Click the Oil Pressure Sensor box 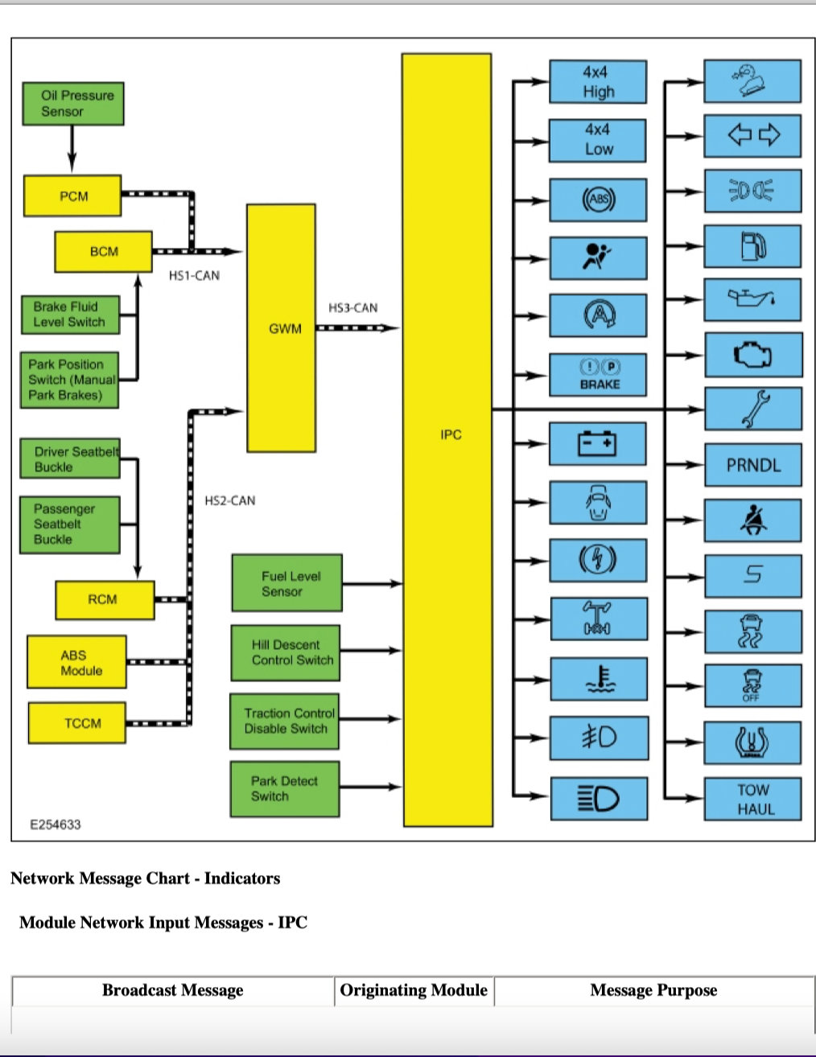[73, 104]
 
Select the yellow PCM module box [72, 195]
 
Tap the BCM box [103, 252]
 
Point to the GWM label [285, 329]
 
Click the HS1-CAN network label [194, 276]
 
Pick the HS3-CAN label [352, 308]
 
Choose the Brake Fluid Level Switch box [71, 315]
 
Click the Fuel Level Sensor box [287, 582]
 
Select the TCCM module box [77, 723]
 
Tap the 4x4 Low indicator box [598, 141]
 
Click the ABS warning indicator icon [599, 199]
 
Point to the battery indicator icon [597, 443]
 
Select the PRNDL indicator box [753, 465]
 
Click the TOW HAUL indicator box [752, 800]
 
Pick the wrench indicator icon [756, 409]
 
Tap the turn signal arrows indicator [754, 135]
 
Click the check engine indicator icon [752, 355]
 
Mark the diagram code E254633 [56, 825]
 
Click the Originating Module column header [414, 990]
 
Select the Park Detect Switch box [285, 789]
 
